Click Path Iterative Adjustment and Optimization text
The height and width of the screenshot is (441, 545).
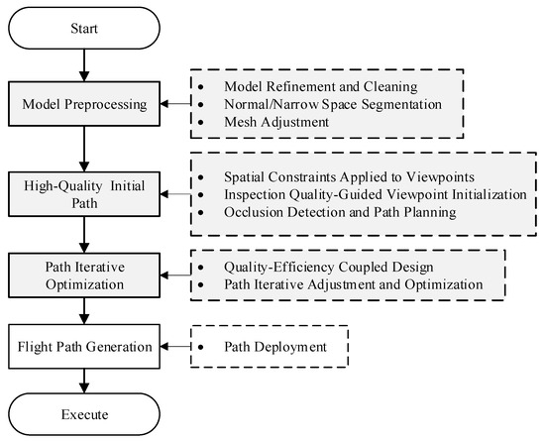pos(340,284)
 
